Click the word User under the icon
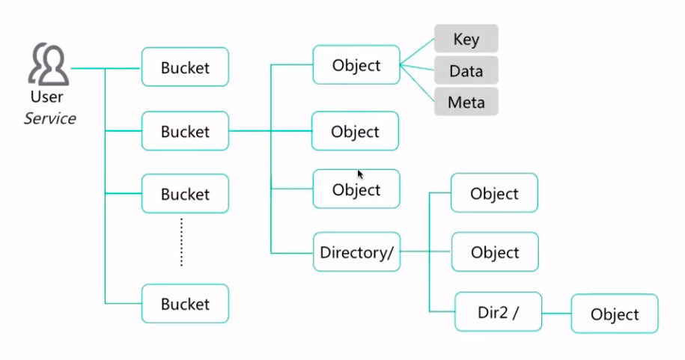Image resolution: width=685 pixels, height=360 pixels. click(x=46, y=97)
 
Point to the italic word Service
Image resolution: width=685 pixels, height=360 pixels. click(x=49, y=118)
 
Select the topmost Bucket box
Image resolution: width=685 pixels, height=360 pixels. click(x=185, y=68)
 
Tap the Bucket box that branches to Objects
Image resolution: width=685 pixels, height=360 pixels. click(x=185, y=132)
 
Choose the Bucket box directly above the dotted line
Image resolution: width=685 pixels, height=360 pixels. click(x=185, y=195)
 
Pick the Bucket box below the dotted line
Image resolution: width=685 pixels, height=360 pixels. click(x=185, y=304)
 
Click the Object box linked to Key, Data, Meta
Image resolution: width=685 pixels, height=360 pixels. click(x=356, y=66)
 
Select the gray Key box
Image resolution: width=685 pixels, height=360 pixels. click(x=466, y=39)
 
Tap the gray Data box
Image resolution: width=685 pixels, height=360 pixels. click(x=466, y=71)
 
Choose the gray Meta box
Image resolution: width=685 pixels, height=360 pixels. click(x=466, y=102)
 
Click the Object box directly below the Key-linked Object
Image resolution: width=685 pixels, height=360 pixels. click(x=355, y=132)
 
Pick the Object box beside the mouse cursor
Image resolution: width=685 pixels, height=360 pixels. click(x=356, y=190)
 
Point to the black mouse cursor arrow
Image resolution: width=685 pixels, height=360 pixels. click(x=360, y=174)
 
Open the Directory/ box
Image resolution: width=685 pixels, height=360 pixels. click(x=356, y=253)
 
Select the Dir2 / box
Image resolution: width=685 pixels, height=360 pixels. click(x=498, y=312)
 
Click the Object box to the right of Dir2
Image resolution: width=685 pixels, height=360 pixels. click(x=615, y=314)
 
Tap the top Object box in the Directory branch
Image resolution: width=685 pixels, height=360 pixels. click(x=494, y=194)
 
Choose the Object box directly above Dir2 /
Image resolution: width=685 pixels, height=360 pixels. click(x=495, y=252)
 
